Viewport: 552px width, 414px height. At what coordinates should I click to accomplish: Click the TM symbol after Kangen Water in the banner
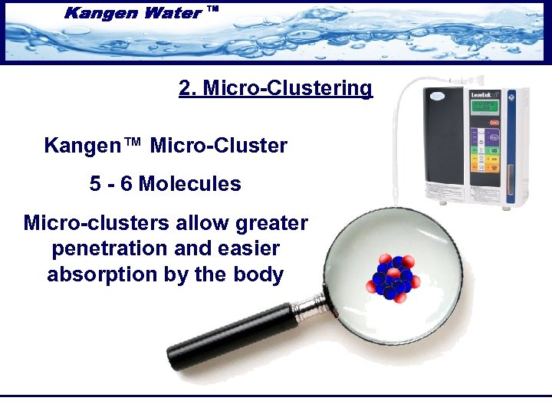(213, 9)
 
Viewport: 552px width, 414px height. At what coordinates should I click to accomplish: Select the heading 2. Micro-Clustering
(275, 88)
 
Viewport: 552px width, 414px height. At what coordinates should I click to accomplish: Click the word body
(258, 274)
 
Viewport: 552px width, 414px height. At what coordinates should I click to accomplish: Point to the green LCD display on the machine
(483, 106)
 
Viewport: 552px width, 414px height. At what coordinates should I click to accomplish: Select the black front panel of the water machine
(445, 146)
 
